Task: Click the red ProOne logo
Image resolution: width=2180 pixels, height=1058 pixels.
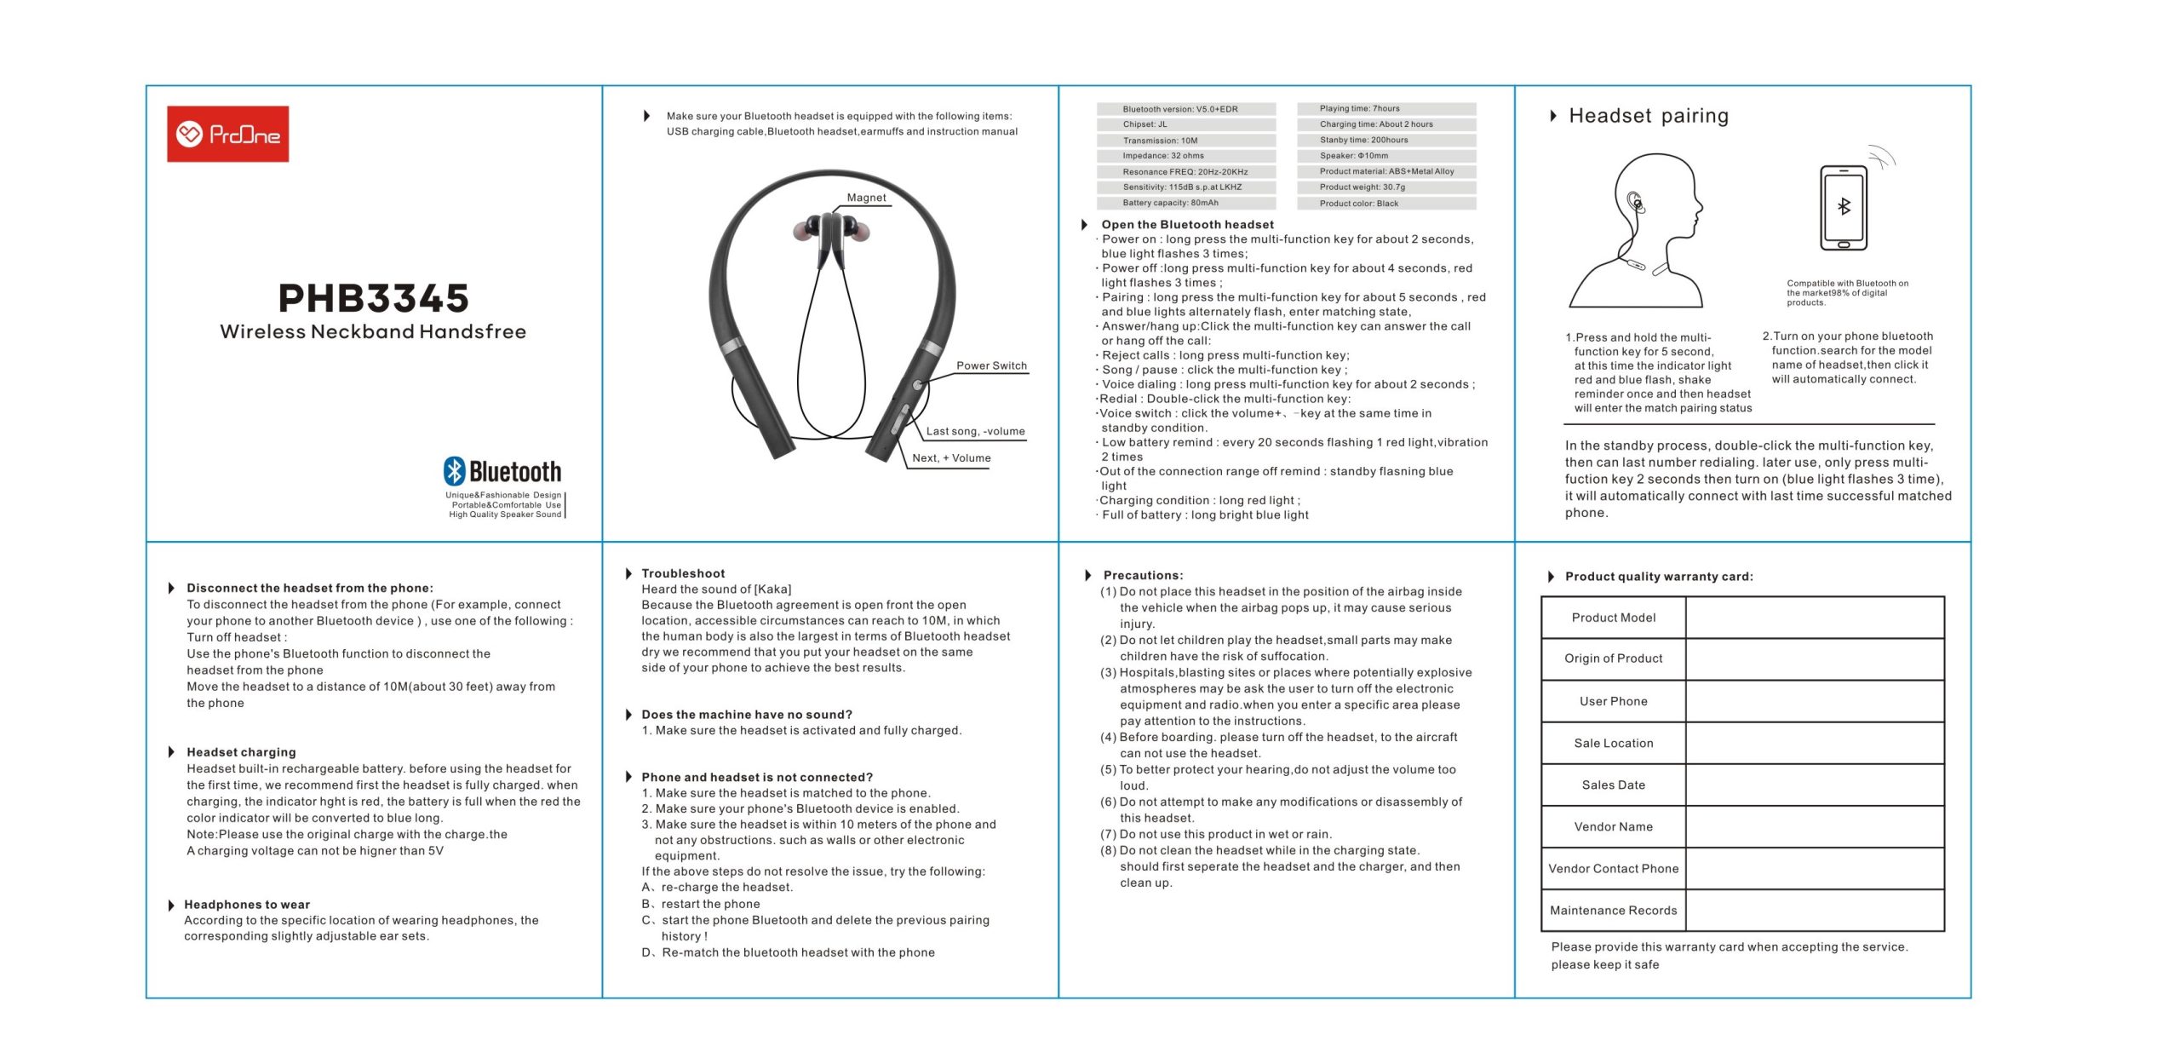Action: (227, 134)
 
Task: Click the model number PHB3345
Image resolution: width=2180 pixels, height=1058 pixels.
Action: (373, 298)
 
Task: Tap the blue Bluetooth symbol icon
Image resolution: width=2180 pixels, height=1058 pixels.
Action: (455, 471)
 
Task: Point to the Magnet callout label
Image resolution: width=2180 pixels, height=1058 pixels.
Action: (866, 198)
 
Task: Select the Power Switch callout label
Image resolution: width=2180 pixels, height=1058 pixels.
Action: (991, 365)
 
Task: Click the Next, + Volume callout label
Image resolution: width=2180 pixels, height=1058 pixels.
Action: (951, 458)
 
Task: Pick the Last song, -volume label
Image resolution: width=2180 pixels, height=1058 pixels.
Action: (975, 431)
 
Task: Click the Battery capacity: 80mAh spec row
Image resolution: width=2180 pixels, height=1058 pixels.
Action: (1185, 203)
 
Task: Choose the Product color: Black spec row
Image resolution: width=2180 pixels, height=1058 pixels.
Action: (1385, 204)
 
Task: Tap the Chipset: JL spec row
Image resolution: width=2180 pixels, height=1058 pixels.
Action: (1185, 124)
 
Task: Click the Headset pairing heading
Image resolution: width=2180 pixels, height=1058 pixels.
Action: (1648, 116)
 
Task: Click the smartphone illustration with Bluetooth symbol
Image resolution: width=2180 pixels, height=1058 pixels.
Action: (1844, 208)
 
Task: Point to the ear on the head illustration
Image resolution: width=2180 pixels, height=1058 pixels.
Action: (1635, 203)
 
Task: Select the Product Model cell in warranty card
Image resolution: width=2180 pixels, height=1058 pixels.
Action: (1613, 618)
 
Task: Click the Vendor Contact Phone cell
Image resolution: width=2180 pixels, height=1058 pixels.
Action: (1613, 869)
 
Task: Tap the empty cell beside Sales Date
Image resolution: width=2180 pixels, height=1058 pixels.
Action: (1814, 785)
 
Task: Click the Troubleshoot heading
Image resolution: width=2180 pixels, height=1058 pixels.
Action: (683, 573)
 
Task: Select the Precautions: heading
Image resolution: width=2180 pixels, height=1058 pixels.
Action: (1143, 575)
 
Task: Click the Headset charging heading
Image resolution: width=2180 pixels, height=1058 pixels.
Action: (241, 752)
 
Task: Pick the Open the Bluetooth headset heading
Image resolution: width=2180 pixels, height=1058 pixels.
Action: (1187, 225)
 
